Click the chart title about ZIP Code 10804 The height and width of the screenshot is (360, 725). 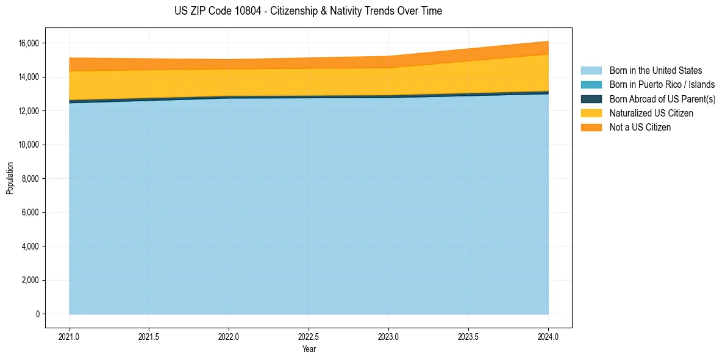pyautogui.click(x=308, y=11)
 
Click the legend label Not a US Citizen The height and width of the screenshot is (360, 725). pyautogui.click(x=640, y=128)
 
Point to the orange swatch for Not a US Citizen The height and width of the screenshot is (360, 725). pyautogui.click(x=591, y=128)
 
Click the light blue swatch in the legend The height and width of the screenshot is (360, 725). pyautogui.click(x=591, y=71)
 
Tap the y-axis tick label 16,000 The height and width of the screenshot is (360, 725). pyautogui.click(x=29, y=43)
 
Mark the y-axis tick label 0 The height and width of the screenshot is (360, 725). pyautogui.click(x=38, y=314)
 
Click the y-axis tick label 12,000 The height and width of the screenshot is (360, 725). pyautogui.click(x=29, y=111)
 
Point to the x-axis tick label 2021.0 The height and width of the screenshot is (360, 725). pyautogui.click(x=70, y=336)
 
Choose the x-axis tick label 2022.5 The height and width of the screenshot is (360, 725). pyautogui.click(x=309, y=336)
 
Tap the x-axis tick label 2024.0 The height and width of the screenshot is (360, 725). pyautogui.click(x=548, y=336)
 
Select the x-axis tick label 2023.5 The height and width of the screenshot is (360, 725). pyautogui.click(x=468, y=336)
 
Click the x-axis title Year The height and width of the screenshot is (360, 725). pyautogui.click(x=309, y=349)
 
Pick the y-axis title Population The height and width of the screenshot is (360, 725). pyautogui.click(x=10, y=178)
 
